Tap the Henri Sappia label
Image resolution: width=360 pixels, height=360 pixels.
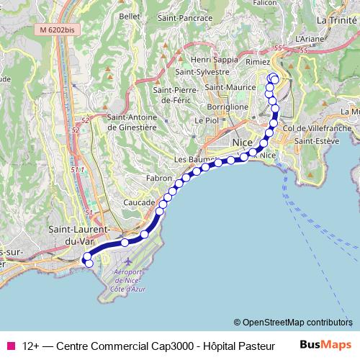pos(210,60)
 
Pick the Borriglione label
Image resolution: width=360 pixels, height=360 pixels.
pos(228,107)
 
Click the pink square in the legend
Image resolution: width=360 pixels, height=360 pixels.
pos(10,346)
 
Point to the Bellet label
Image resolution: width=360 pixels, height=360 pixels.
pos(129,15)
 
